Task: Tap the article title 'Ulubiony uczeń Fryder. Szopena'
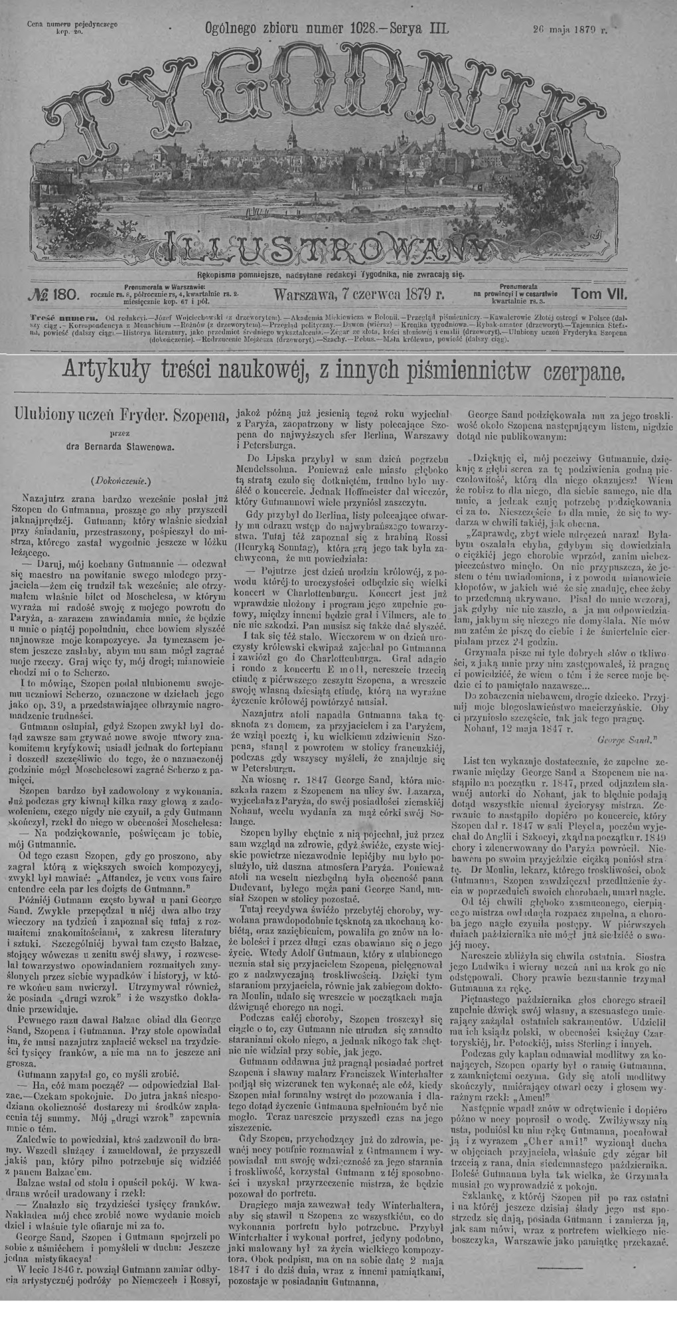(123, 414)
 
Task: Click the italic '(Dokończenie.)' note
(120, 478)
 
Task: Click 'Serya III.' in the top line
(415, 29)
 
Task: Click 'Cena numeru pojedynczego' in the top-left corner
(72, 24)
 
